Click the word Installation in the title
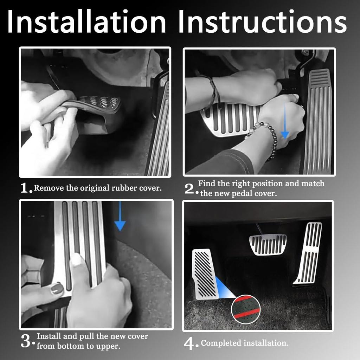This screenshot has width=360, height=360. [86, 22]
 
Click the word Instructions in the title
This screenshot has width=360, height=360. [262, 22]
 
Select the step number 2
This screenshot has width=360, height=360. [191, 189]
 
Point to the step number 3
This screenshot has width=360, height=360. [27, 341]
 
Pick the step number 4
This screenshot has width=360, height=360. [191, 344]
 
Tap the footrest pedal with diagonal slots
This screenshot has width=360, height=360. [205, 274]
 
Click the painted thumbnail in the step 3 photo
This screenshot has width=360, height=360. [57, 289]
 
